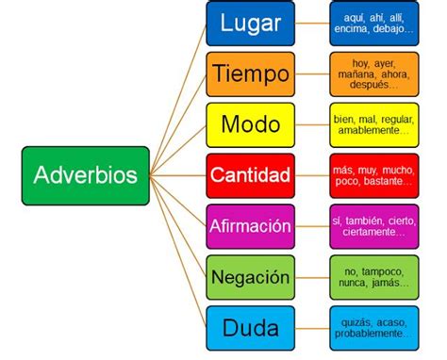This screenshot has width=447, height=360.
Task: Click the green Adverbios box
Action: [x=85, y=175]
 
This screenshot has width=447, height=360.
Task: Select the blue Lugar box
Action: [x=251, y=24]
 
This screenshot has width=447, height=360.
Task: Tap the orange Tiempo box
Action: [x=251, y=74]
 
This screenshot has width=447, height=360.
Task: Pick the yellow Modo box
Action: [x=251, y=124]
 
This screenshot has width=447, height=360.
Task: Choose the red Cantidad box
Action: [x=251, y=175]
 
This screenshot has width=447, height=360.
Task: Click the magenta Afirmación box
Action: [x=251, y=226]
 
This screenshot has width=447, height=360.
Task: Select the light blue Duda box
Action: [x=251, y=328]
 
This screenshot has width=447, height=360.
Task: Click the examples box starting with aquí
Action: [x=373, y=24]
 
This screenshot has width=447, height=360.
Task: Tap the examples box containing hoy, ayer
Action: [x=373, y=74]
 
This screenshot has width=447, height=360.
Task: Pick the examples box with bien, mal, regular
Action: [x=373, y=124]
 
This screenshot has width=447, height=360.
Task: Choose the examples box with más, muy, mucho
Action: [x=373, y=175]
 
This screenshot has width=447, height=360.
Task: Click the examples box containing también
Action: [x=373, y=226]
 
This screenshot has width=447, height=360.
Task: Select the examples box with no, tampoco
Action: [x=373, y=277]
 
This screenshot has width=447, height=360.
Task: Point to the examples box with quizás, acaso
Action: [x=373, y=328]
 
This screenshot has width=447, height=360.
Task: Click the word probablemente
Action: [x=372, y=334]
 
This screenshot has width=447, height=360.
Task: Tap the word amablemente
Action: [x=369, y=131]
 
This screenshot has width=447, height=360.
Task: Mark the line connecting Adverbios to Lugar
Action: [x=178, y=84]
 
